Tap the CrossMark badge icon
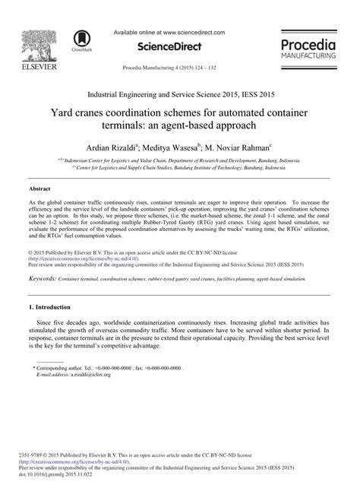pos(80,40)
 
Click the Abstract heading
pos(40,186)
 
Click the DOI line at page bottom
pos(56,477)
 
